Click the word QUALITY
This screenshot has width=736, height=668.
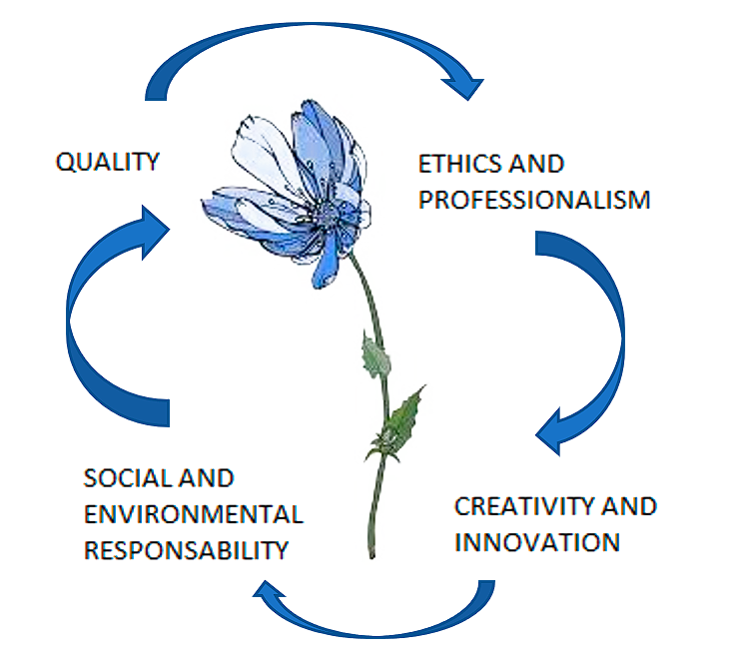(108, 162)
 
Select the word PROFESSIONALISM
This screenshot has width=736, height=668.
(534, 200)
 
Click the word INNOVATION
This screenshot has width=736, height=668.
(537, 542)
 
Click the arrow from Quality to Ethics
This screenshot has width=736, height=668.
(300, 45)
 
